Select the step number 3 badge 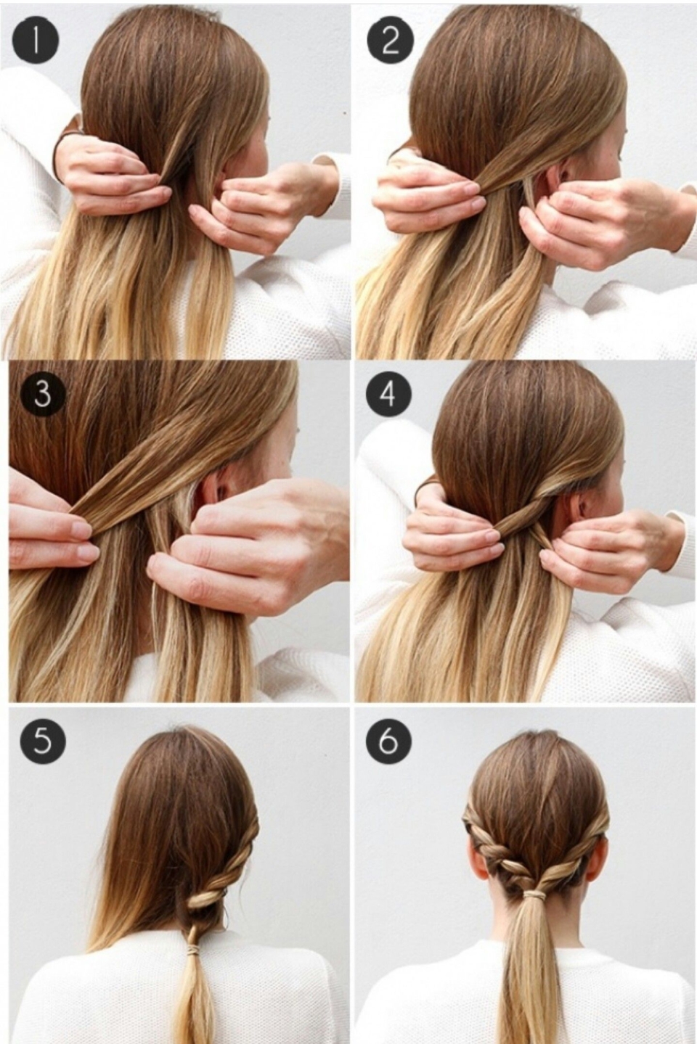coord(42,395)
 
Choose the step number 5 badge coord(42,741)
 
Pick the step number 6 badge coord(388,741)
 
